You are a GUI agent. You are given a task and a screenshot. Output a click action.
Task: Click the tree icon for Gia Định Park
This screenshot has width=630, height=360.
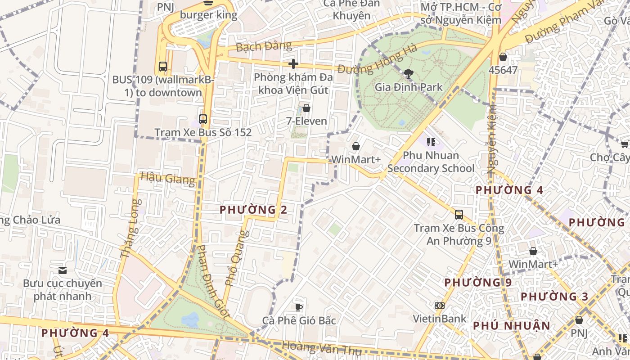(x=409, y=73)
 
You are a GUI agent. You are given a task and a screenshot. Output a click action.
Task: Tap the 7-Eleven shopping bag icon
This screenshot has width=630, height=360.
(x=306, y=108)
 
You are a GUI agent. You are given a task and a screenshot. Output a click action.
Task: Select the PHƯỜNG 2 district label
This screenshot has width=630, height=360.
(x=253, y=210)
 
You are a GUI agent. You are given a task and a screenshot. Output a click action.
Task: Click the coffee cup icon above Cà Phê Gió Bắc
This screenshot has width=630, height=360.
(x=298, y=307)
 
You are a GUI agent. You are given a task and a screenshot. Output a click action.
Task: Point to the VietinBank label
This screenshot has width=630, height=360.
(x=440, y=319)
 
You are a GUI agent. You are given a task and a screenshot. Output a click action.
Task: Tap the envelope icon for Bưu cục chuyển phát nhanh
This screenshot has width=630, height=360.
(x=63, y=270)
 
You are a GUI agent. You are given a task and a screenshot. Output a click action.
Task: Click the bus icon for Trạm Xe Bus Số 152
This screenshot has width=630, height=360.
(x=203, y=119)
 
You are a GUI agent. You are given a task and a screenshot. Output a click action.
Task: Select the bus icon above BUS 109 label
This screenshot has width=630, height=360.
(x=163, y=67)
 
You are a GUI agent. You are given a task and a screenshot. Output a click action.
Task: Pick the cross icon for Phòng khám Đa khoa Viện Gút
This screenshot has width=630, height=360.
(x=293, y=64)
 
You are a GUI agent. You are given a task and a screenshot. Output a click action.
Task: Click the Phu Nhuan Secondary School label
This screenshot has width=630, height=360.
(x=431, y=162)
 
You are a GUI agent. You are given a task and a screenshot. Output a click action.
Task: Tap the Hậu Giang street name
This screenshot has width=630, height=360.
(x=168, y=178)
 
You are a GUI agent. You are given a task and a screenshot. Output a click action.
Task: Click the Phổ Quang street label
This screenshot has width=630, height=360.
(x=236, y=258)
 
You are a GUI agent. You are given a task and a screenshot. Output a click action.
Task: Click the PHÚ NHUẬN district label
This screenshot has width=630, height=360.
(x=512, y=326)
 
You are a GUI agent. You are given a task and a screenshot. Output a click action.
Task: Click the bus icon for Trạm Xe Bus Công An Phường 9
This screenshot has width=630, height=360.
(x=459, y=215)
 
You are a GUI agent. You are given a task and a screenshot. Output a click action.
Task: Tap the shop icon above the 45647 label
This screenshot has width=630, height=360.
(x=503, y=57)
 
